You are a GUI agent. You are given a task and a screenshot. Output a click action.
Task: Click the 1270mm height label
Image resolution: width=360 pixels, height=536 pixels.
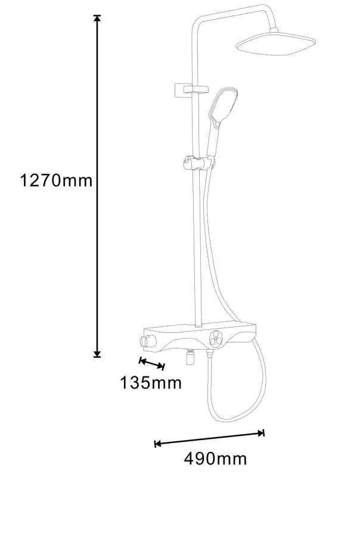(57, 180)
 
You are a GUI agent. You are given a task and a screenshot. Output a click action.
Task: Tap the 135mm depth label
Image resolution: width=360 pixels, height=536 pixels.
(151, 383)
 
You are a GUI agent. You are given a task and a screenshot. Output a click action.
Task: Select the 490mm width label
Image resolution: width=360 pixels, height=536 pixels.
(215, 459)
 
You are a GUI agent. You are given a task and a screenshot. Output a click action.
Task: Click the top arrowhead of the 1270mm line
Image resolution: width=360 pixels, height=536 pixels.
(98, 19)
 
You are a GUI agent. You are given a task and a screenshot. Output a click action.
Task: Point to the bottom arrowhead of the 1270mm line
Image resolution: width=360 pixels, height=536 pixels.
(98, 354)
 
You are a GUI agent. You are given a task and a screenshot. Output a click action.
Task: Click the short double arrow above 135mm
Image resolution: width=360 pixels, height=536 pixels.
(152, 363)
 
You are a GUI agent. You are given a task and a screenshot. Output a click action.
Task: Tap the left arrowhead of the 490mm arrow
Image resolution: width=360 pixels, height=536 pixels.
(158, 444)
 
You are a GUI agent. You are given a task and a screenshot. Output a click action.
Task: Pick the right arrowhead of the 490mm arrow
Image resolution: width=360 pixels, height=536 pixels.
(261, 433)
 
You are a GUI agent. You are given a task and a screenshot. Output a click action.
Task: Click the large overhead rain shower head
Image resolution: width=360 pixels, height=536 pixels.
(276, 43)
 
